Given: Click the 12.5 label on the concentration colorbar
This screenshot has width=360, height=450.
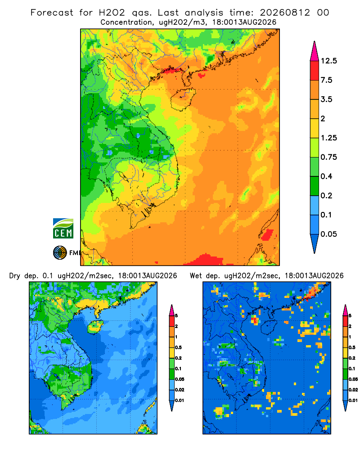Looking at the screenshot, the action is [328, 61].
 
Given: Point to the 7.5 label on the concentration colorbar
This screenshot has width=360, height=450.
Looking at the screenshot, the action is [326, 80].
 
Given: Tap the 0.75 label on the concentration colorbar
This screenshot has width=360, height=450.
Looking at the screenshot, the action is [328, 157].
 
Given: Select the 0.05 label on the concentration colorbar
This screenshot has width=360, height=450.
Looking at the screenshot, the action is [328, 234].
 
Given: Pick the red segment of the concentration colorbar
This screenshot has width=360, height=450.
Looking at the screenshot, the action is [315, 71].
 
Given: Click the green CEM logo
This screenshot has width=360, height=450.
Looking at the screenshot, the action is [63, 229].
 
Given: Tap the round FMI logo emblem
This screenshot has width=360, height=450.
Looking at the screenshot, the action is [60, 253].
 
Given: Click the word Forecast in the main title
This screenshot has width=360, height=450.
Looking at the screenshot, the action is [52, 13].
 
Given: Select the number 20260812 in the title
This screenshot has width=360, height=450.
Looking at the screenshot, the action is [285, 13].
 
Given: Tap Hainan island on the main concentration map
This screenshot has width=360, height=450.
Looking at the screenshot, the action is [183, 99].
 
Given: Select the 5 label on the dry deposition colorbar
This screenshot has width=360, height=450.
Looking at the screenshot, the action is [176, 316].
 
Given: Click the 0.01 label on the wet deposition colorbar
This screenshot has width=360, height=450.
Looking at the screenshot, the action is [353, 400].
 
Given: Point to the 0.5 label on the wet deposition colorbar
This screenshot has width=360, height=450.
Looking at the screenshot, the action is [351, 347].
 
